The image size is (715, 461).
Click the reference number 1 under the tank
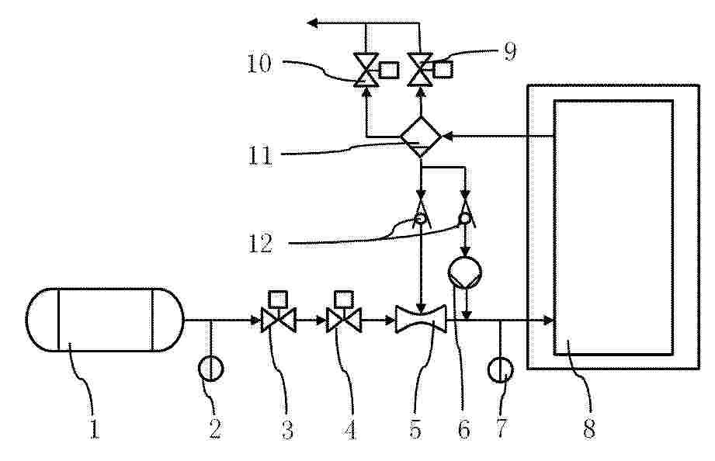point(95,428)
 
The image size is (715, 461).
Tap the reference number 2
point(215,428)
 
